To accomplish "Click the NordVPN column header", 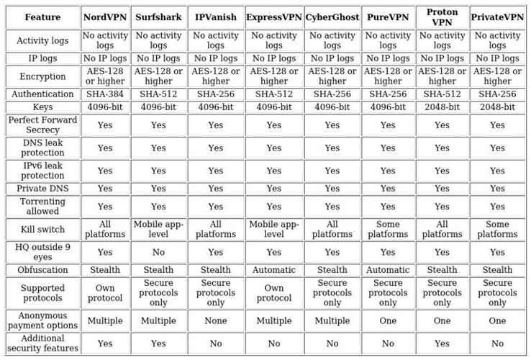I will [x=105, y=17].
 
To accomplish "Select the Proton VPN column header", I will [x=442, y=17].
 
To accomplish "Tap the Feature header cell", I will [x=42, y=17].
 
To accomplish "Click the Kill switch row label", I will [x=42, y=230].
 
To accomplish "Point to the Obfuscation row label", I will [x=42, y=270].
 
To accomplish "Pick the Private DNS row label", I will [x=42, y=189].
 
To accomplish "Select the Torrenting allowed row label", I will [x=42, y=207].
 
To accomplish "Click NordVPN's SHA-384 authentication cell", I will [x=105, y=94].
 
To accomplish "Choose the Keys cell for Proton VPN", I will [x=442, y=107].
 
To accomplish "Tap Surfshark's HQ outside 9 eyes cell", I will [x=158, y=252].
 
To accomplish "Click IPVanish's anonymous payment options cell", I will [x=216, y=320].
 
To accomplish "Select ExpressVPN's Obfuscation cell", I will [x=274, y=270].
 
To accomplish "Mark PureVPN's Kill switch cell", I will [x=388, y=230].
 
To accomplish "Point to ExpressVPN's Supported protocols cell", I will [x=274, y=293].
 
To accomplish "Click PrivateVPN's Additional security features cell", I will [x=497, y=343].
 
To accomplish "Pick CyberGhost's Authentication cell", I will [x=332, y=94].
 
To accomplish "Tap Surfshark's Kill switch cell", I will [x=158, y=230].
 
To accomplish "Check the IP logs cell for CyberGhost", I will [x=332, y=58].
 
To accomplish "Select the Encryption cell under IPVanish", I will [x=216, y=76].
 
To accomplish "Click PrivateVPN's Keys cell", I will [x=497, y=107].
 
